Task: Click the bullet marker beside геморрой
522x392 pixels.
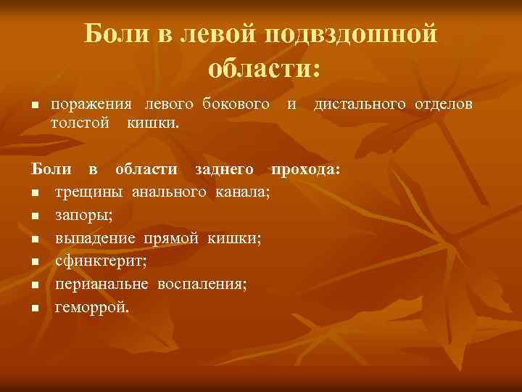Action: point(34,308)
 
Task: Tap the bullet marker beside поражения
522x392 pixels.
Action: point(34,106)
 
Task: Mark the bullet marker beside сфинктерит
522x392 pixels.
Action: point(34,262)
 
